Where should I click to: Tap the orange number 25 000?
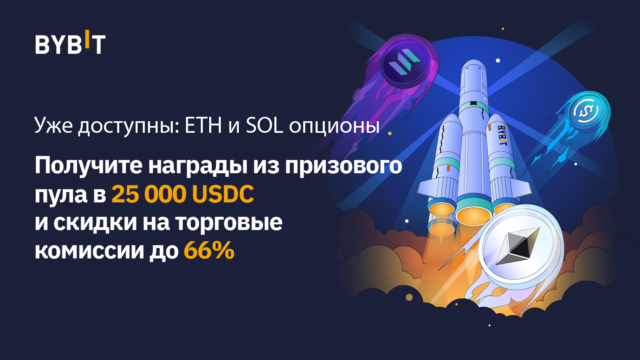149,194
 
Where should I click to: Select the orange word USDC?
223,194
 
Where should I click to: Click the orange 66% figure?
209,251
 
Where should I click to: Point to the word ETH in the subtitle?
203,126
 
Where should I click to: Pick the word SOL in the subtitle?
264,126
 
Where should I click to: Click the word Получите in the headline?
88,165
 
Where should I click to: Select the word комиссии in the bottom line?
89,251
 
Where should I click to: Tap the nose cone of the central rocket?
474,67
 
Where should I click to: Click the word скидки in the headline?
95,222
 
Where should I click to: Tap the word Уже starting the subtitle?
54,126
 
